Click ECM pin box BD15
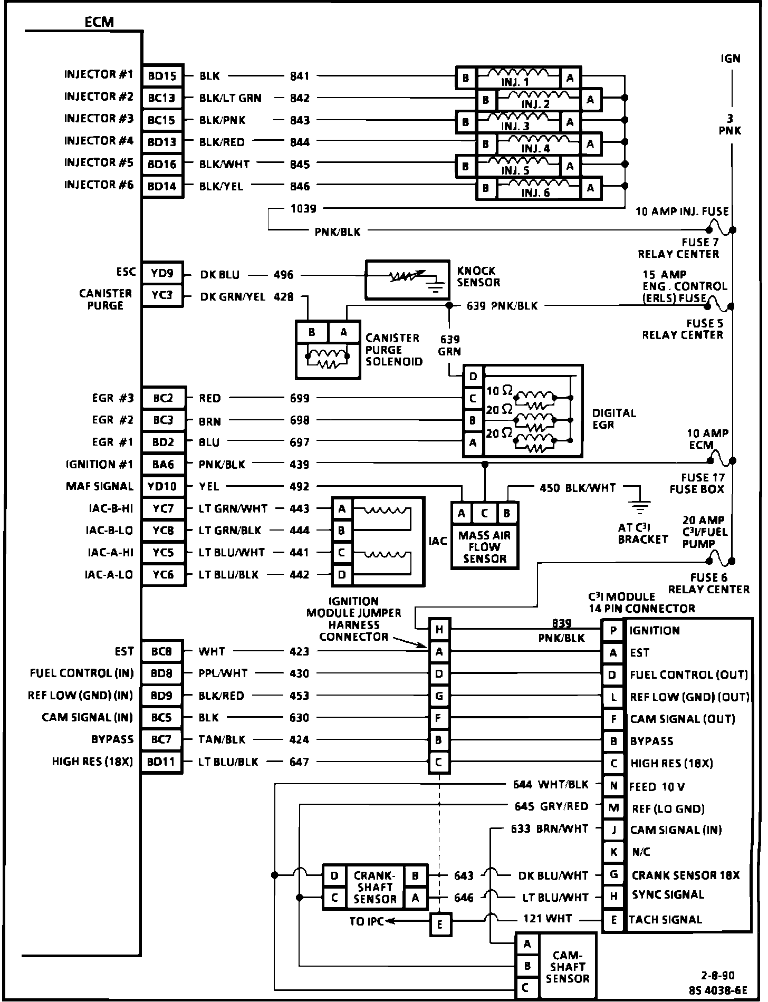(x=162, y=76)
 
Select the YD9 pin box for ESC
(x=162, y=273)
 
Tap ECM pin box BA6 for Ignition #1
(x=163, y=465)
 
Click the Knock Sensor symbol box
(x=407, y=280)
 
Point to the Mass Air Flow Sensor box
(x=484, y=547)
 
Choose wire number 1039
(x=303, y=209)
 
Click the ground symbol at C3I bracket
(x=640, y=506)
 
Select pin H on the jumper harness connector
(x=439, y=629)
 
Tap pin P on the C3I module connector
(x=613, y=631)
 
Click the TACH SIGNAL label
(x=665, y=920)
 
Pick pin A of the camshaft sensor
(x=527, y=944)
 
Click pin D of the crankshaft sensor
(x=334, y=876)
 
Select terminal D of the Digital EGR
(x=473, y=377)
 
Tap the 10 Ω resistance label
(x=499, y=391)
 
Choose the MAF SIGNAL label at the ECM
(x=99, y=486)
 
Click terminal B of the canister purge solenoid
(x=312, y=332)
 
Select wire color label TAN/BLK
(x=222, y=739)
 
